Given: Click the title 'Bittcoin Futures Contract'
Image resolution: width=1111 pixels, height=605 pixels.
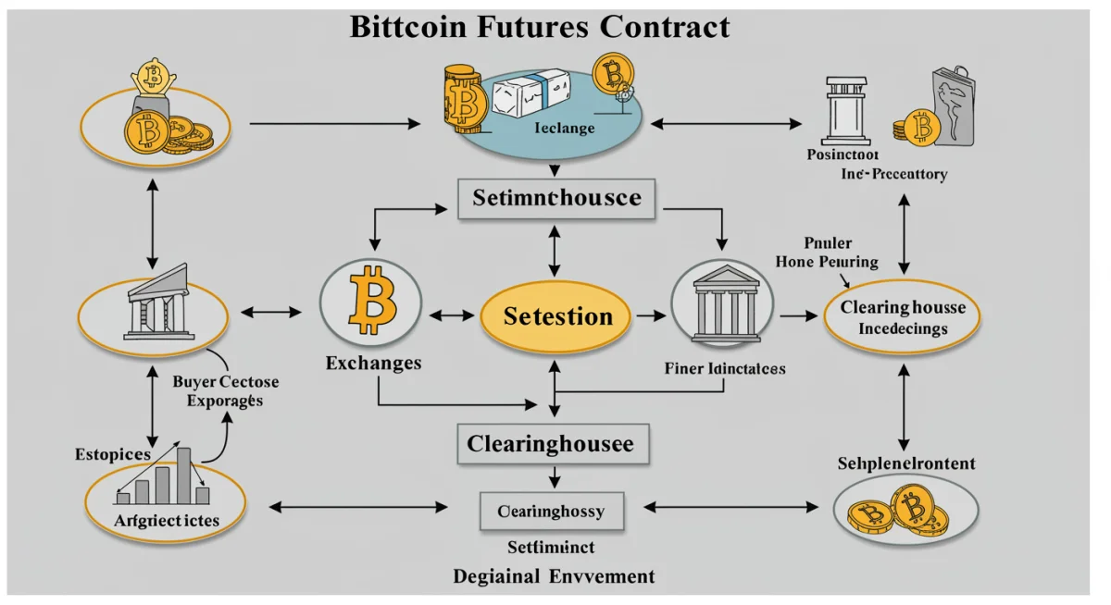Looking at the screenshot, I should pos(540,26).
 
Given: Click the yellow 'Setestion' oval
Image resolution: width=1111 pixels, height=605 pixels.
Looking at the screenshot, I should pos(557,316).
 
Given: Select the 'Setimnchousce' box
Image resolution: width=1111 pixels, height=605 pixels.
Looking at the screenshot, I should pos(556,198).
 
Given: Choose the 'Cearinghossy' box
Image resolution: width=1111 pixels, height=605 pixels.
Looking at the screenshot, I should pos(553,510).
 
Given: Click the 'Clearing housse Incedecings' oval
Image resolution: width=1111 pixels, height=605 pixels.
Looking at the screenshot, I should pos(902,316).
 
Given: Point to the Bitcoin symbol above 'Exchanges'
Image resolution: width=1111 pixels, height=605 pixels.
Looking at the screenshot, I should pos(370,302).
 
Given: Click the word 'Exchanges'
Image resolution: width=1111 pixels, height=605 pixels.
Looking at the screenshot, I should pos(373,363).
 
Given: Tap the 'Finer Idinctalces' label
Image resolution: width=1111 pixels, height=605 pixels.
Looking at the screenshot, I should pos(725,368).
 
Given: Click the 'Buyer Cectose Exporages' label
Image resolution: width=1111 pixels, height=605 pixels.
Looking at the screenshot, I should pos(225,391).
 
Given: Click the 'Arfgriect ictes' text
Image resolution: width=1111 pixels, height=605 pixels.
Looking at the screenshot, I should pos(167,520).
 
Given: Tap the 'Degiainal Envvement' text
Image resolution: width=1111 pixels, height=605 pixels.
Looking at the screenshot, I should pos(554,576).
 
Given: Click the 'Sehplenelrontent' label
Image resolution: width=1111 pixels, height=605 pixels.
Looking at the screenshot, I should pos(905,463).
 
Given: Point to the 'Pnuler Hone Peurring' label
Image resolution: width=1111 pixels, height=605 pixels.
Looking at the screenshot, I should pos(826,253).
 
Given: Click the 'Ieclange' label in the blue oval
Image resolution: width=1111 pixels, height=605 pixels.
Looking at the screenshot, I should pos(565,129).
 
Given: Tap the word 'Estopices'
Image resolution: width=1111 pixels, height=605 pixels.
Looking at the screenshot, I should pos(110,454).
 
